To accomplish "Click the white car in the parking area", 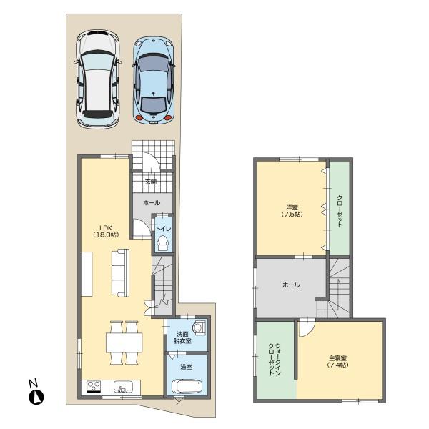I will [97, 79].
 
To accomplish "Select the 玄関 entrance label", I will [151, 182].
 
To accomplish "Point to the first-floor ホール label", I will [152, 203].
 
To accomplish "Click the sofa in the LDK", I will [119, 274].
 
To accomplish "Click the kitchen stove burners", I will [95, 387].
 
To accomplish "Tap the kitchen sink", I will [124, 388].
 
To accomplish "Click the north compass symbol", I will [36, 393].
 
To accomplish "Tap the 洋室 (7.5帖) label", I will [291, 211].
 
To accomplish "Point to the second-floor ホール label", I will [291, 285].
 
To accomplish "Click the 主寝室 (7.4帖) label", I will [337, 361].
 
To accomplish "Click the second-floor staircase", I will [339, 290].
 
